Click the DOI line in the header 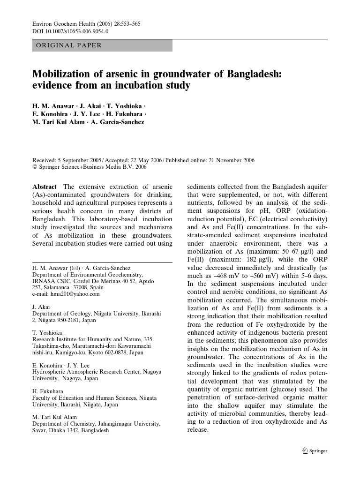tap(70, 31)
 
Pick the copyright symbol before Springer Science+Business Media tap(34, 167)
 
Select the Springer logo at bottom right tap(315, 451)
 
